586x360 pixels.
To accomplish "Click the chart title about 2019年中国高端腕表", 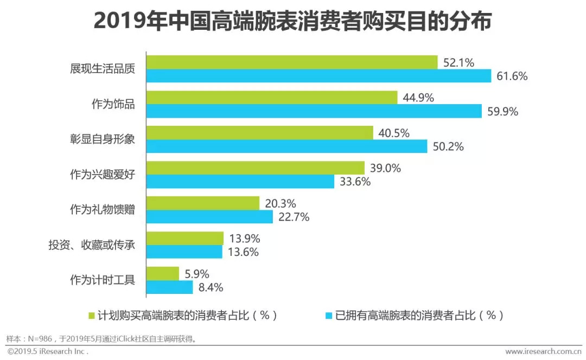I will [292, 22].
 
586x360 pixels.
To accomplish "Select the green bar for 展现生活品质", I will [292, 62].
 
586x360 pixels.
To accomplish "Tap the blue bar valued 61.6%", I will [319, 76].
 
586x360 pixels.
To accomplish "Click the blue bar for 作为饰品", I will [314, 111].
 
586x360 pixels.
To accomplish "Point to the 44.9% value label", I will [418, 98].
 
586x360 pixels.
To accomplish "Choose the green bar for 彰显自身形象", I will [260, 133].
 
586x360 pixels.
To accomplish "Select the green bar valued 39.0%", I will [256, 168].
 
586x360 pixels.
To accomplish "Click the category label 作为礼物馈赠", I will [103, 210].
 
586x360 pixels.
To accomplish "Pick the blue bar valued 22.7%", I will [209, 217].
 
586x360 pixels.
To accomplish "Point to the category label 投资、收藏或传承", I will [92, 245].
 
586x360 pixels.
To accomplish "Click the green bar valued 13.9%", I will [185, 239].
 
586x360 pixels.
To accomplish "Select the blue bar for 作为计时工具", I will [170, 287].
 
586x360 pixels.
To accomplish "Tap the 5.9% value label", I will [197, 274].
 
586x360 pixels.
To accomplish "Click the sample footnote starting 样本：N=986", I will [101, 339].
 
